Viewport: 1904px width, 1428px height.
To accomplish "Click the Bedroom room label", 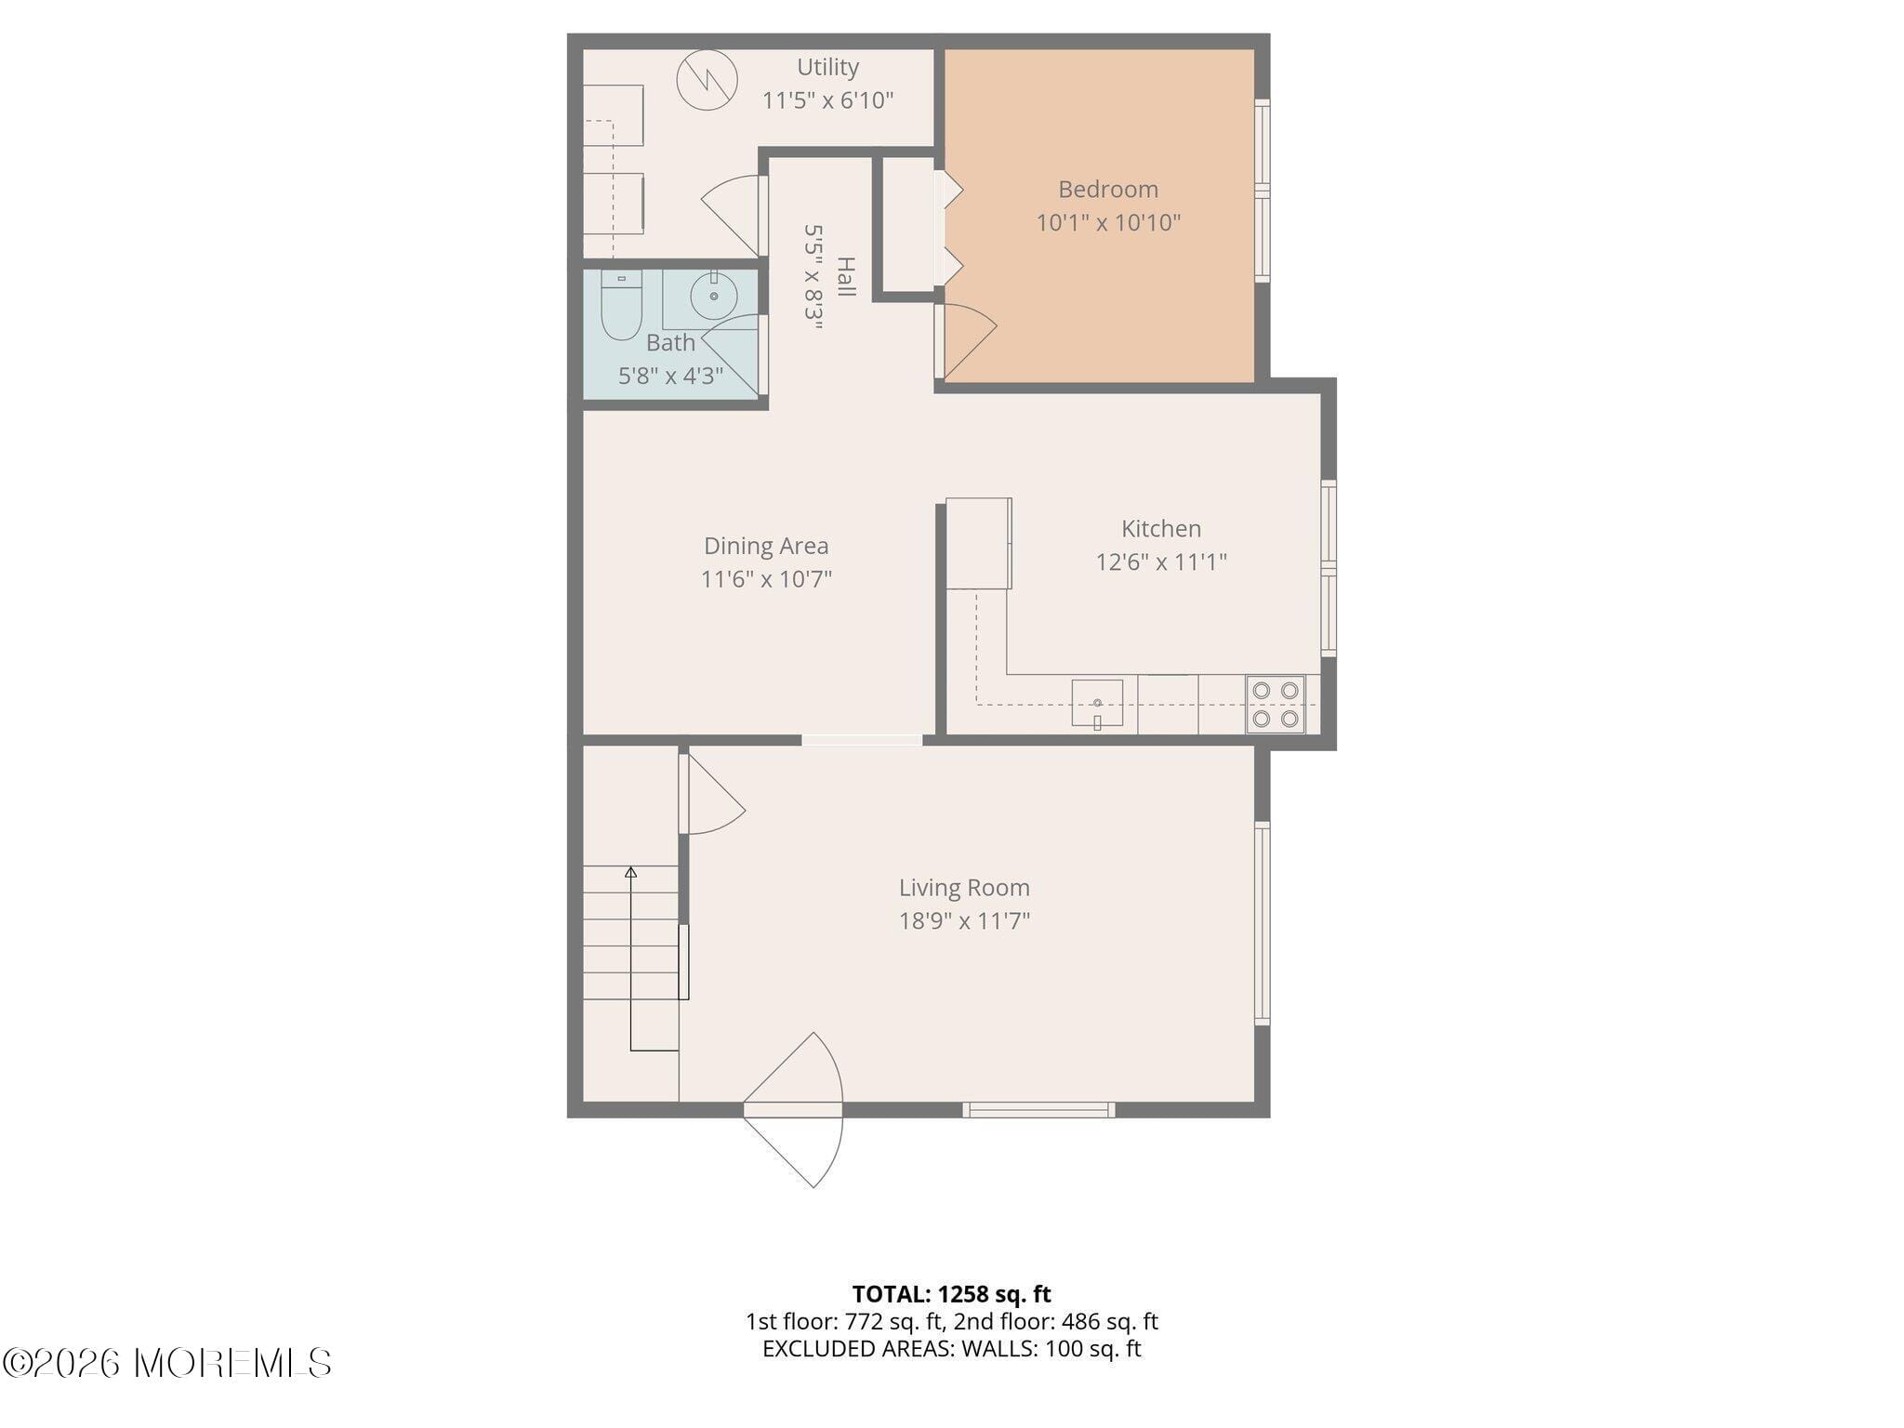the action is [x=1108, y=190].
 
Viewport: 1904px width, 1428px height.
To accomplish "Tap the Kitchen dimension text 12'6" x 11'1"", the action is [x=1161, y=562].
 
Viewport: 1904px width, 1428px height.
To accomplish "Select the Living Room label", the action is [x=964, y=888].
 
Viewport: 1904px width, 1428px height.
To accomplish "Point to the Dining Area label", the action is [x=766, y=546].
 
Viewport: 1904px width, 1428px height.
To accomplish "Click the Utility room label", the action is [x=827, y=67].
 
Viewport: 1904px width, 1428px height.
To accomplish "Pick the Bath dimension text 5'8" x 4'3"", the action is [x=670, y=376].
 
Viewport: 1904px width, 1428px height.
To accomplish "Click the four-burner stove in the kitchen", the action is [x=1276, y=704].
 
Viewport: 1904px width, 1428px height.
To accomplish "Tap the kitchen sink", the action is [x=1097, y=704].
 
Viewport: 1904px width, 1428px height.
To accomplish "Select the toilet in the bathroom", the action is [x=621, y=305].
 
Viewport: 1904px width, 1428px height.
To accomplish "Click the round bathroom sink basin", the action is [x=714, y=297].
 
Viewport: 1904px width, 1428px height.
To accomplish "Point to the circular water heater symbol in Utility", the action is [x=707, y=80].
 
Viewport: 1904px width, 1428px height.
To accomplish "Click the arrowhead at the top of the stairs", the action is [x=630, y=872].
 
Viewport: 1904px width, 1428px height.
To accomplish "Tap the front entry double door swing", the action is [x=794, y=1110].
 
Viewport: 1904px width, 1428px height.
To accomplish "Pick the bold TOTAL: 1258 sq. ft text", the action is [x=951, y=1294].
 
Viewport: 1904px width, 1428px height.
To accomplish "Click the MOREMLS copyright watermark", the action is [x=166, y=1363].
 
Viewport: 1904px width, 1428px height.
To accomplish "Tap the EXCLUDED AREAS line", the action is [x=951, y=1349].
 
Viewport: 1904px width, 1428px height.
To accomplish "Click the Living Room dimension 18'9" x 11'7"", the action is [x=964, y=921].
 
